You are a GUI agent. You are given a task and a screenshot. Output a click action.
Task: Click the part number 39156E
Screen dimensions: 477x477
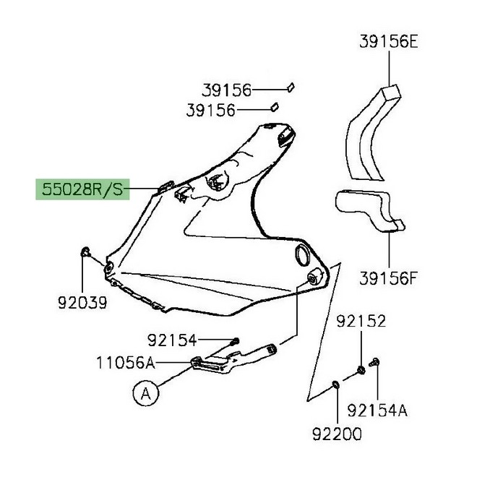coord(389,43)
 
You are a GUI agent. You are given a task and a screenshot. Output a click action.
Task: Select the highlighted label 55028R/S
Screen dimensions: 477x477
coord(82,191)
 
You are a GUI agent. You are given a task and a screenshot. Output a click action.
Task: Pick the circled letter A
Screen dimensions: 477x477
coord(145,393)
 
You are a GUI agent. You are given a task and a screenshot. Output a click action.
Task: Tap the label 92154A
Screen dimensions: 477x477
coord(377,411)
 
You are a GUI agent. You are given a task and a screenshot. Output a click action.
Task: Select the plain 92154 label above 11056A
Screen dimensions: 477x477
coord(173,339)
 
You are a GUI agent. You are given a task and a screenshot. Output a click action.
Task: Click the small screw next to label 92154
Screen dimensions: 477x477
coord(235,340)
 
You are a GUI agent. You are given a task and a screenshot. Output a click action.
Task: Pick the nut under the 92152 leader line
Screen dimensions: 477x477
coord(360,371)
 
